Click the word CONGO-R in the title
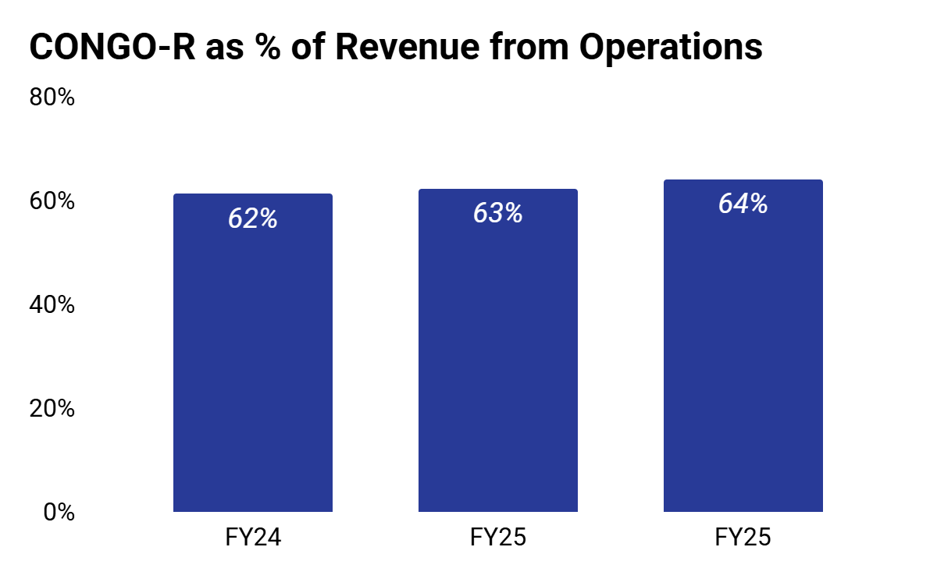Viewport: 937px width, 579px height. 112,47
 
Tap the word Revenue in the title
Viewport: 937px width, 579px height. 408,47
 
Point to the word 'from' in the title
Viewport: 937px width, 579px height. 529,46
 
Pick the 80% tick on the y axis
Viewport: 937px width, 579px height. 52,98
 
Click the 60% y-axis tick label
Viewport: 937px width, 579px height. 52,201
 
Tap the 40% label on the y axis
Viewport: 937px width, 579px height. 52,305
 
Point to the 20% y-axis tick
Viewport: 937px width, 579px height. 52,408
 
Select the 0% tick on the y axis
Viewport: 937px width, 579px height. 59,512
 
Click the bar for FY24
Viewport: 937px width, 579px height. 253,353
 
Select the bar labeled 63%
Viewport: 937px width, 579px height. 498,350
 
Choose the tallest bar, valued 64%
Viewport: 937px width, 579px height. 743,346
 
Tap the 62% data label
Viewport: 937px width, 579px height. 253,218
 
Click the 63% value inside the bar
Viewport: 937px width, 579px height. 498,213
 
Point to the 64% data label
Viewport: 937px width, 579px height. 743,204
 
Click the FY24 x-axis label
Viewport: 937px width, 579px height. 253,537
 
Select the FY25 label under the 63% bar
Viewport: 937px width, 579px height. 498,537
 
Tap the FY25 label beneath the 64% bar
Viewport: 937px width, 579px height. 743,537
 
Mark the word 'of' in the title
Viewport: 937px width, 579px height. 308,46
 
